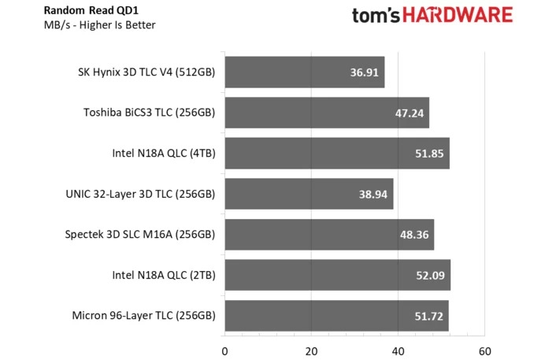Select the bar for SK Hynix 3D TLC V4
(x=304, y=72)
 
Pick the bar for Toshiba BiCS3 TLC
(x=326, y=113)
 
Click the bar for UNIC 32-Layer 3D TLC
(x=309, y=194)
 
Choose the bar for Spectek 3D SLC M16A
(x=329, y=234)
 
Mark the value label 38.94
(x=372, y=195)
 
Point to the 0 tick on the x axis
(x=225, y=351)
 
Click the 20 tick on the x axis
(x=311, y=351)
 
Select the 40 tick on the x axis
(x=398, y=351)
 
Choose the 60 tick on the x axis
(x=484, y=351)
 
